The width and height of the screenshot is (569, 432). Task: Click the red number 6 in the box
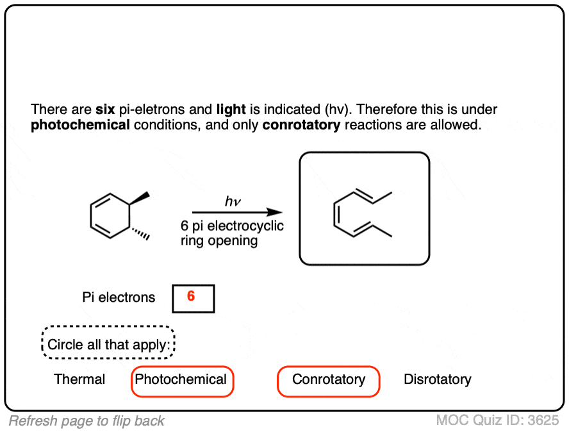[191, 297]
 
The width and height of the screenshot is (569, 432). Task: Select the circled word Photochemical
[181, 379]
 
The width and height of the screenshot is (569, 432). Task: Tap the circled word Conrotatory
[329, 379]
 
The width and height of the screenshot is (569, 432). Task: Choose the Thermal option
[79, 379]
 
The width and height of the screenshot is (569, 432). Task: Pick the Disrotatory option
[437, 379]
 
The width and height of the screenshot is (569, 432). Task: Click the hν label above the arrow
[232, 202]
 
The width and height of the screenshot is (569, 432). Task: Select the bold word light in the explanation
[231, 110]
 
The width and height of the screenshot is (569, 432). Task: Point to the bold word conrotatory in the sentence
[301, 125]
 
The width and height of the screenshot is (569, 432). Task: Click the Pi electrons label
[119, 297]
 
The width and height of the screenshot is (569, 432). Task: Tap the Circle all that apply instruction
[109, 345]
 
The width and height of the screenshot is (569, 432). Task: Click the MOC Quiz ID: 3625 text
[498, 421]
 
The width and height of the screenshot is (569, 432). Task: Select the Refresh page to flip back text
[87, 421]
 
